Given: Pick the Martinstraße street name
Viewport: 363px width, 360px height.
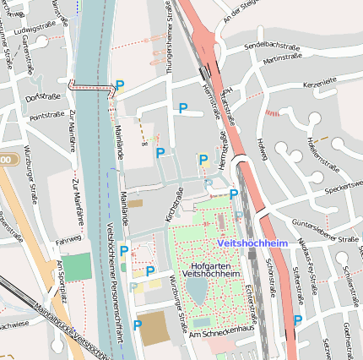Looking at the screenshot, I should [x=282, y=59].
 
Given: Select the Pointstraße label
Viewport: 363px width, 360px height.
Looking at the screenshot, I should [x=46, y=115].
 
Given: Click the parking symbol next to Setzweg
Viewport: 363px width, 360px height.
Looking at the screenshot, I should [x=298, y=320].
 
